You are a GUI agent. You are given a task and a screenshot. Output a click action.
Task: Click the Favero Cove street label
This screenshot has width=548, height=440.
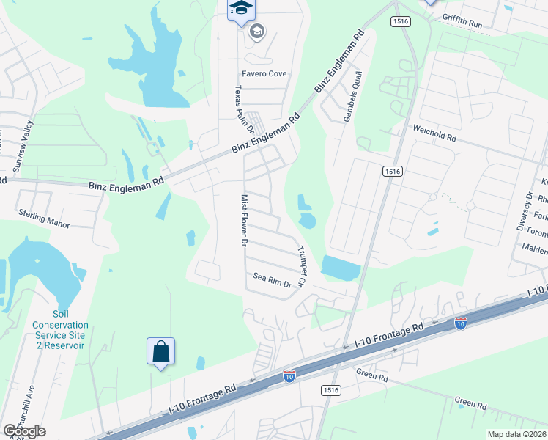click(x=264, y=74)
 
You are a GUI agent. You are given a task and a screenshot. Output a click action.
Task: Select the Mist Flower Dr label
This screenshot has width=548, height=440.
click(x=245, y=221)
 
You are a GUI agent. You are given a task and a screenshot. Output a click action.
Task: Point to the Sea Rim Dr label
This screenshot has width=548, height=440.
click(x=273, y=277)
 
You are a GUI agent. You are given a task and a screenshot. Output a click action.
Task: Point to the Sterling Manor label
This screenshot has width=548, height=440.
click(x=44, y=218)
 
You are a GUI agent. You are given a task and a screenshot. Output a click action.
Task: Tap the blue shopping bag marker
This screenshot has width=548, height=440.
click(x=160, y=352)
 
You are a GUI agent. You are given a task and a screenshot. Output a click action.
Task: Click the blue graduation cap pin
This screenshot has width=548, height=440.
click(x=240, y=9)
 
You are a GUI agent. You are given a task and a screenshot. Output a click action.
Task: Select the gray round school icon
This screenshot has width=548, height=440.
click(x=256, y=31)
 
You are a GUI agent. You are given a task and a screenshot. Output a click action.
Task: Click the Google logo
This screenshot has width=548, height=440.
click(x=24, y=431)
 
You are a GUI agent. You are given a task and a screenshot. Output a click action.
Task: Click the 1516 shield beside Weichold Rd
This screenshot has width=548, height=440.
click(x=392, y=171)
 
